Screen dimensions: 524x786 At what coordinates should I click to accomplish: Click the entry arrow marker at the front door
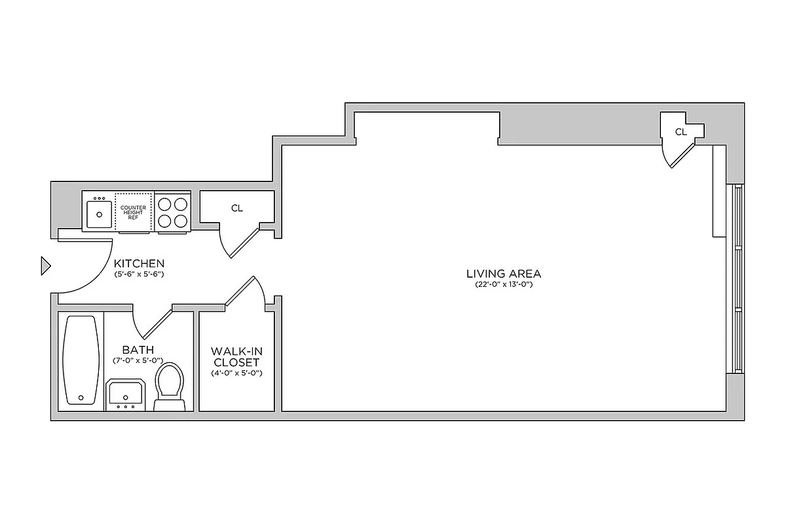click(45, 265)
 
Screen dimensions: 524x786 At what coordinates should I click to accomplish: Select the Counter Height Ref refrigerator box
click(134, 212)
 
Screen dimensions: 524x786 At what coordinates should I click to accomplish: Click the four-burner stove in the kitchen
click(173, 212)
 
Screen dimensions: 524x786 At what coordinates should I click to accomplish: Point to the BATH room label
click(138, 350)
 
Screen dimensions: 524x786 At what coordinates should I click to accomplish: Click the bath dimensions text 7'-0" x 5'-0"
click(138, 361)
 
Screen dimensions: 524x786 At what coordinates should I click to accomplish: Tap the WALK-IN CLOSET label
click(236, 356)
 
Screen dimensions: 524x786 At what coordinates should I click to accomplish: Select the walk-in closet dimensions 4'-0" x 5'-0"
click(236, 373)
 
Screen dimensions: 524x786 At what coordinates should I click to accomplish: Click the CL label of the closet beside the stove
click(236, 208)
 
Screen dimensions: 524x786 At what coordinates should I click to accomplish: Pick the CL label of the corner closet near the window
click(681, 132)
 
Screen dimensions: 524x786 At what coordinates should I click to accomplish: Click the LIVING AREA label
click(503, 274)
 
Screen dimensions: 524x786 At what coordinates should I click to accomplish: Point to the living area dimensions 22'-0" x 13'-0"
click(503, 285)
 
